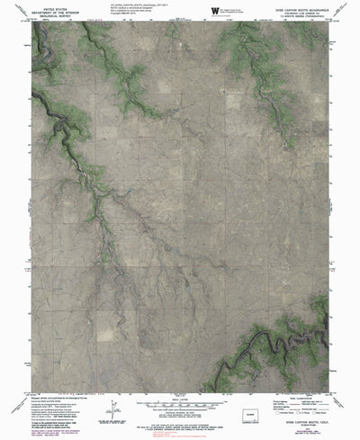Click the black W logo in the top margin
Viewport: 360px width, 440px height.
point(214,11)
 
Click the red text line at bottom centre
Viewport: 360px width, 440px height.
point(180,431)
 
